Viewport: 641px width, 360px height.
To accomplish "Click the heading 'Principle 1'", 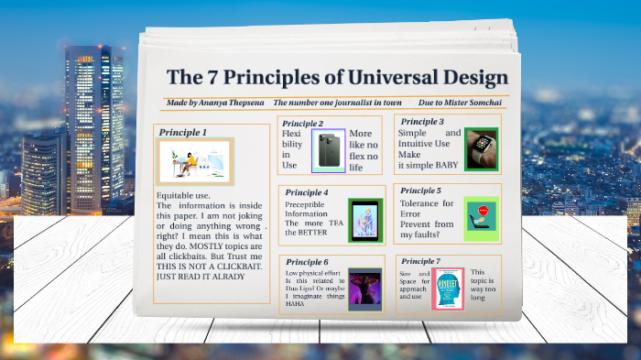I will (x=183, y=132).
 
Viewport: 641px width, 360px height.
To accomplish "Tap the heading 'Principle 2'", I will (x=302, y=123).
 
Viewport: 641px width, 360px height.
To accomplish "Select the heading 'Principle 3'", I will (x=422, y=121).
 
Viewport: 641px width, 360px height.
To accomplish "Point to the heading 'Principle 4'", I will (x=307, y=192).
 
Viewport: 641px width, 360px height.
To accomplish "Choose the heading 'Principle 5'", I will (x=422, y=191).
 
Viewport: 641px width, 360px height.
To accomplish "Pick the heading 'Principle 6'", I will (x=307, y=262).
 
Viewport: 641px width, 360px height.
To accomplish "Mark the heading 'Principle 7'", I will (x=421, y=262).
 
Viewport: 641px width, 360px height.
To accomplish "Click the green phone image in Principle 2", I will (x=328, y=150).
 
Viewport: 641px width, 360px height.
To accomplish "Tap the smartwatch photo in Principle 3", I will (x=481, y=149).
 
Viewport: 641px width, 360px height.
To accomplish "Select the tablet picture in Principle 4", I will (x=364, y=221).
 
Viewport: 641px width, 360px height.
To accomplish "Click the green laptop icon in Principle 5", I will (x=480, y=218).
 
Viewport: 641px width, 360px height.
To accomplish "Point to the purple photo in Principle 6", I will (x=364, y=287).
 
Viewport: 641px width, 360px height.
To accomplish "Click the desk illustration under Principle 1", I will (x=194, y=161).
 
